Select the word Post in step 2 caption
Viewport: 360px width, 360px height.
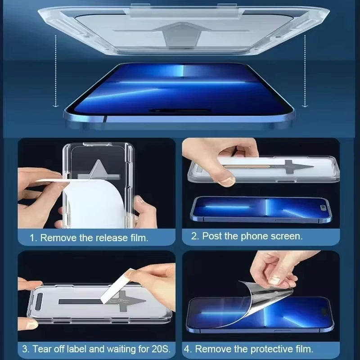tap(212, 236)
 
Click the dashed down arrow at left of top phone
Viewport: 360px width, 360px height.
tap(55, 72)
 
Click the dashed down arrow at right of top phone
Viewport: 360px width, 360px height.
tap(305, 72)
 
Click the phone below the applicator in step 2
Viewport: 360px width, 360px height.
tap(261, 209)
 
